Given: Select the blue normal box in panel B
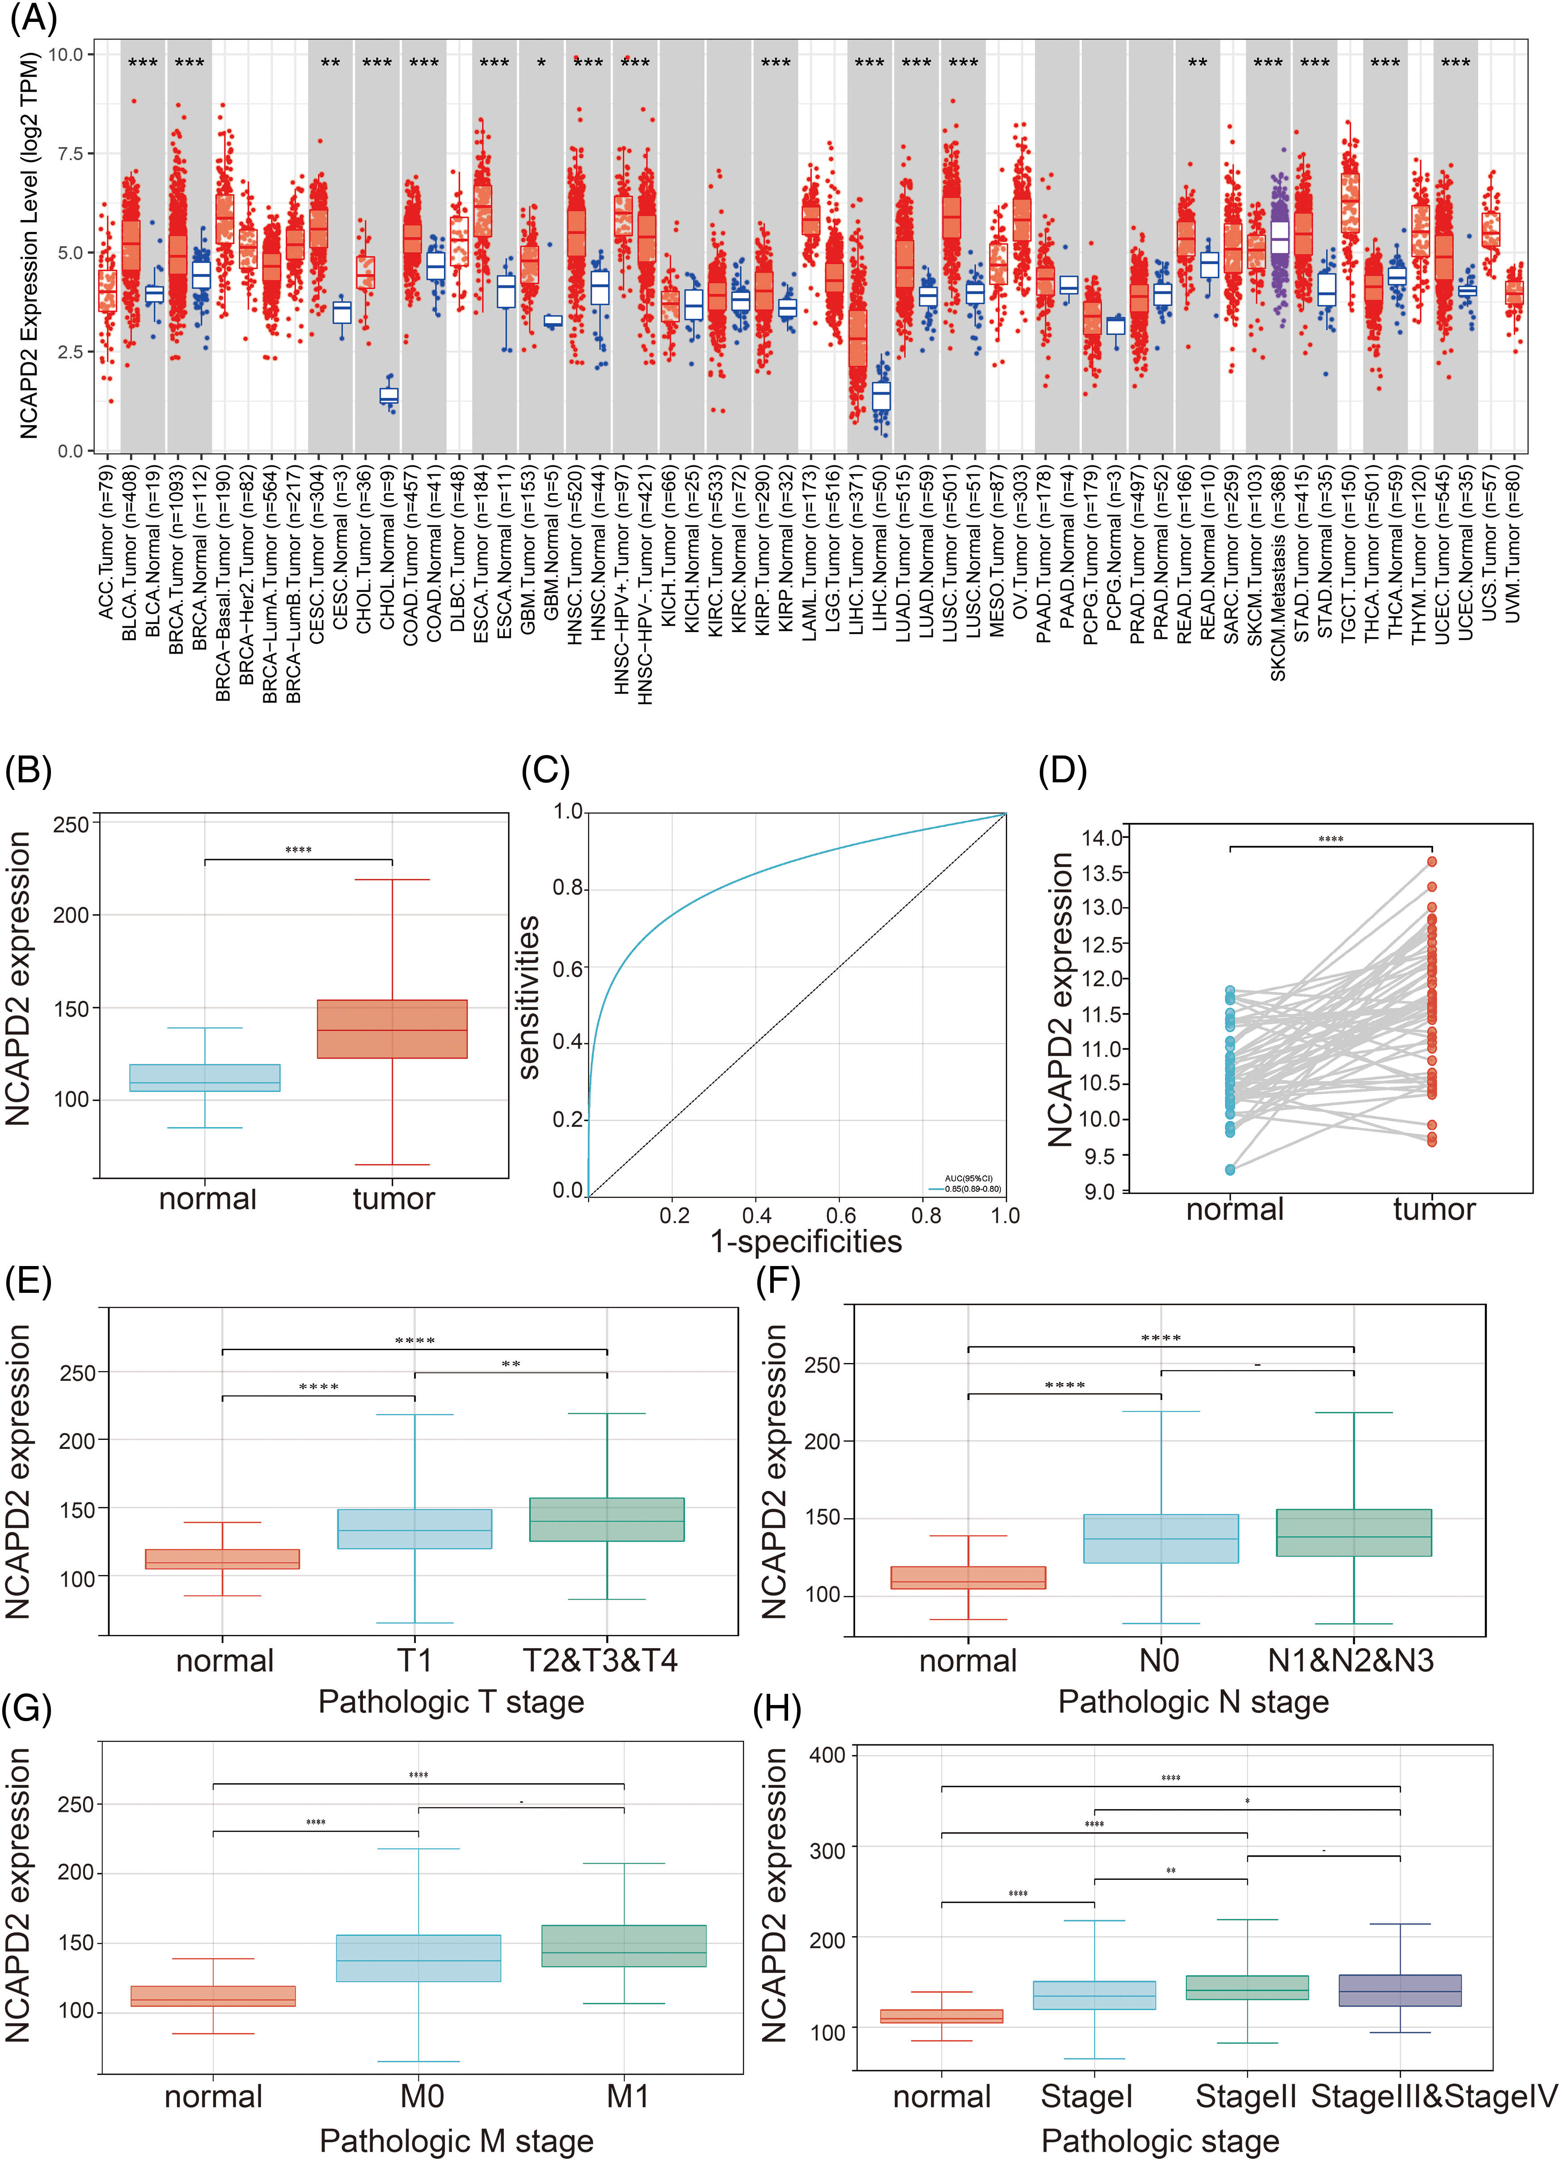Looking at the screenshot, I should click(205, 1078).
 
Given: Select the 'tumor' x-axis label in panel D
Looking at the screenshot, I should click(1433, 1210).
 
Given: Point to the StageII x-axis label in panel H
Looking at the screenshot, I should click(1245, 2096).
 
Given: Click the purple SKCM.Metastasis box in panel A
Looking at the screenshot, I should click(1279, 238).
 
